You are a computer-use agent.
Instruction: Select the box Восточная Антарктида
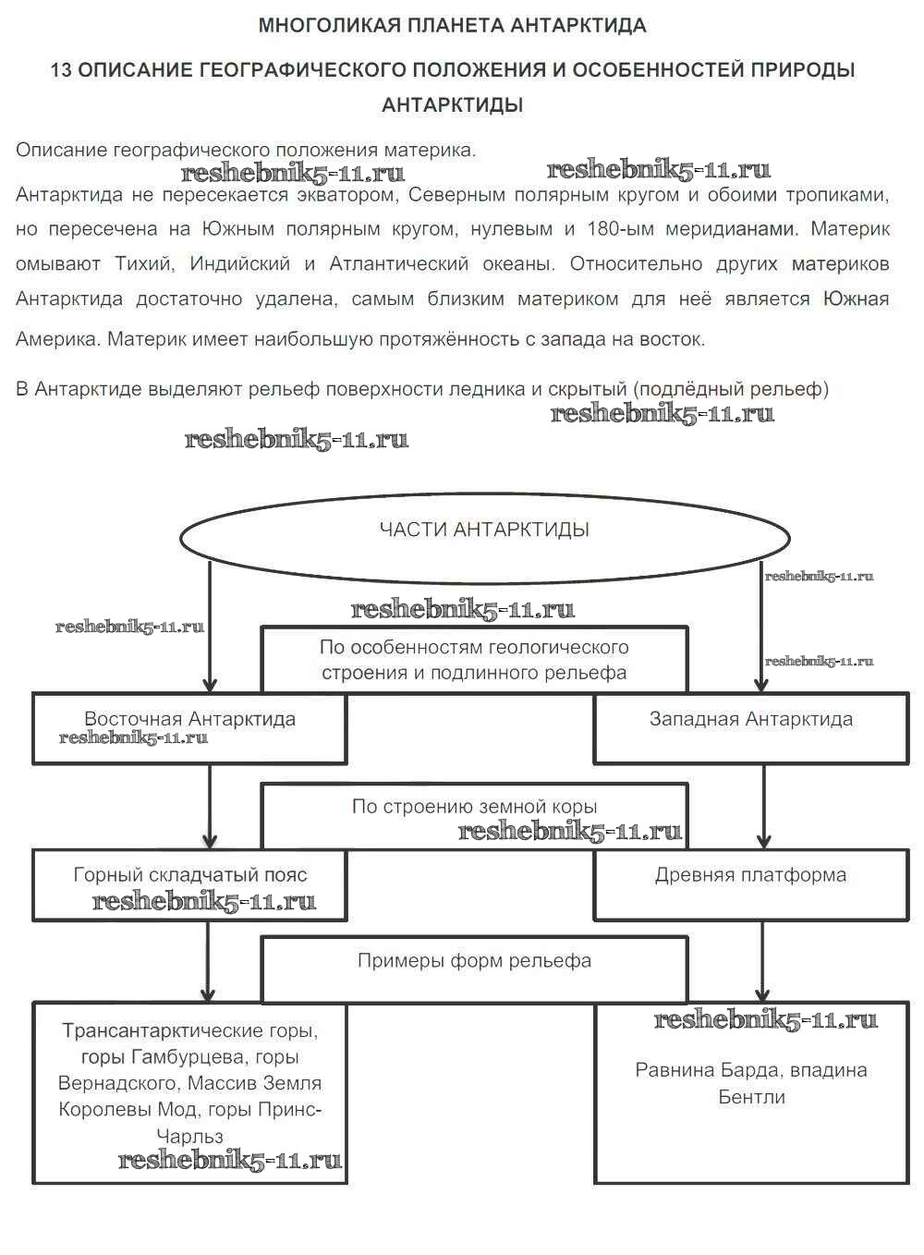click(189, 728)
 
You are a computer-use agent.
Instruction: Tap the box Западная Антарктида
click(750, 728)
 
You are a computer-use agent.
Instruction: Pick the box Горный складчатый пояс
click(189, 884)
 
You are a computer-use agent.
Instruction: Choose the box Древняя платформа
click(750, 884)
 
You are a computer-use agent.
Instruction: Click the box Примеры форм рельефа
click(474, 969)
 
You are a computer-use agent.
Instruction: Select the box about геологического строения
click(474, 660)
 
